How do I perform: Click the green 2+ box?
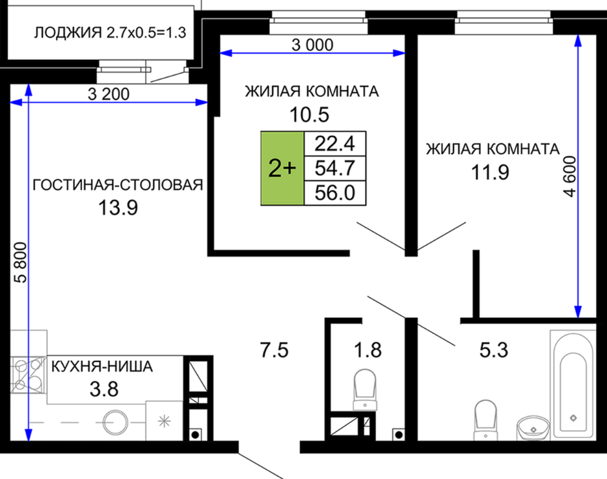click(282, 168)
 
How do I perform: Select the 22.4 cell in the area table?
click(335, 144)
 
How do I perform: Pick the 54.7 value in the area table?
click(335, 168)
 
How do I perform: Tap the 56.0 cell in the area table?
click(335, 192)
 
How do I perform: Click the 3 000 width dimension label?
click(312, 45)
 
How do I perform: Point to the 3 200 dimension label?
click(109, 94)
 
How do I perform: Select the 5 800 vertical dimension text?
click(21, 263)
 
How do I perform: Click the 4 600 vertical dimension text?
click(569, 176)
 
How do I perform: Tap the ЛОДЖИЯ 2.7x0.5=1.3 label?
click(111, 32)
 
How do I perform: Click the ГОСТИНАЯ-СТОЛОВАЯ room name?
click(118, 185)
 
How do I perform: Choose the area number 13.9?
click(118, 208)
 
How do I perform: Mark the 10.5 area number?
click(310, 114)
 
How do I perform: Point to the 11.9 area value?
click(490, 172)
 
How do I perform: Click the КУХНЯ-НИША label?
click(102, 366)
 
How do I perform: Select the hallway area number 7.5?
click(274, 350)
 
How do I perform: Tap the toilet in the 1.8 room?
click(365, 389)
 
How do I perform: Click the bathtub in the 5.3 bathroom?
click(573, 385)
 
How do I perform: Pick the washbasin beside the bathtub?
click(533, 428)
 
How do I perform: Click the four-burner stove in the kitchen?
click(28, 375)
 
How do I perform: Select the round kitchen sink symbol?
click(115, 422)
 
